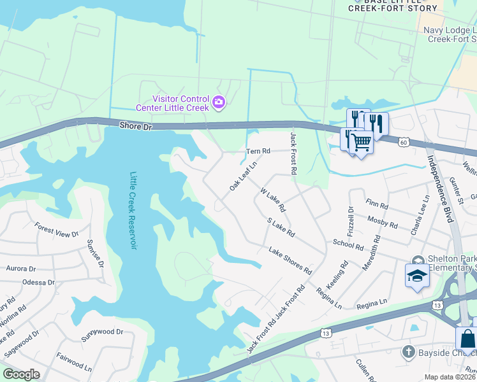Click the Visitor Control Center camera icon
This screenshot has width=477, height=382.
[219, 102]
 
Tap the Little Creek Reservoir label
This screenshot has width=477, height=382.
[134, 210]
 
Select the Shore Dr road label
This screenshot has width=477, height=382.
[135, 127]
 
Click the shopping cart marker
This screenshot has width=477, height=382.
[360, 143]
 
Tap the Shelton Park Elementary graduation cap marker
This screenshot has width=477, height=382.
[417, 275]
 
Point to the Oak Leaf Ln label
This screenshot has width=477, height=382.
[242, 176]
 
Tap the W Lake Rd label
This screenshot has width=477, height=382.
[273, 200]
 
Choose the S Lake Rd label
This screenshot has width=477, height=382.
[281, 227]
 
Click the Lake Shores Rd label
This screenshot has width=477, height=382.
[290, 261]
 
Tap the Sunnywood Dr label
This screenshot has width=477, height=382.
[101, 332]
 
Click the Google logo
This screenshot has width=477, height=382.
[21, 374]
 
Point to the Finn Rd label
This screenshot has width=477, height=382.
[378, 206]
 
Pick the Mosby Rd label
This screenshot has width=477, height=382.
[383, 222]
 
